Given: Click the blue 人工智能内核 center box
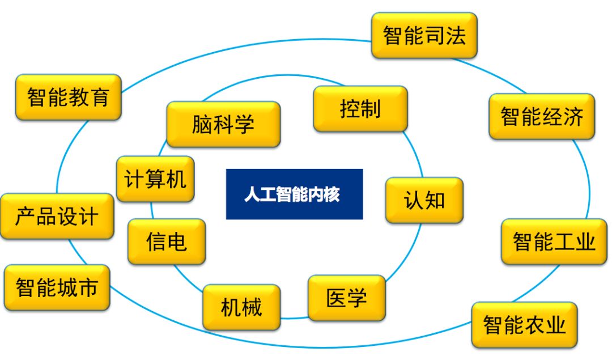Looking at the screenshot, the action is click(x=294, y=194).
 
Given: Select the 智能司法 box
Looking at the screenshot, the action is click(x=424, y=36).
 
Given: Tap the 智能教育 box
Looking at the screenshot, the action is click(x=69, y=97).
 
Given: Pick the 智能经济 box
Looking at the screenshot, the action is click(x=542, y=116).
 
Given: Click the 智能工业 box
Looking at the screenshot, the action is click(x=554, y=242).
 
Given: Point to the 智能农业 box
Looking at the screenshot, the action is click(x=524, y=325).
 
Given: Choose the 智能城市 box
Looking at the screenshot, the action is click(x=57, y=288).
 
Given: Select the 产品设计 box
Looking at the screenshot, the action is click(x=57, y=217).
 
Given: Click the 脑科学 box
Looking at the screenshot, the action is click(x=223, y=125).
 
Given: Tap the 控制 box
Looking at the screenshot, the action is click(x=360, y=109).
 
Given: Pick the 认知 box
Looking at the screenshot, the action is click(x=424, y=200).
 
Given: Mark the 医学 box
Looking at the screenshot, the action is click(x=347, y=298).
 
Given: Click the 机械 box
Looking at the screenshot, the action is click(x=241, y=307).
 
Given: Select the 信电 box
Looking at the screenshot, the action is click(x=167, y=242).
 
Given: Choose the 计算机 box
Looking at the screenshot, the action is click(x=155, y=179).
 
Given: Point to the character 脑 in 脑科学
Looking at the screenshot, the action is click(x=202, y=125).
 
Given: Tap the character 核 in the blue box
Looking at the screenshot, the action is click(x=331, y=194).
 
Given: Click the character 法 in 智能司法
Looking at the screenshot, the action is click(x=456, y=36).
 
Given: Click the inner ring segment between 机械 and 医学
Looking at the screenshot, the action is click(x=294, y=318).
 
